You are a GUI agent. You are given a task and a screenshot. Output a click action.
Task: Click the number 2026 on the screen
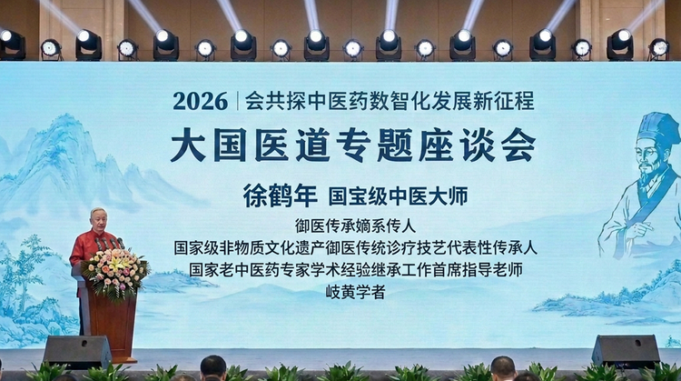201,101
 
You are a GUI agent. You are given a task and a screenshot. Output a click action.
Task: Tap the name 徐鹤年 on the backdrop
281,196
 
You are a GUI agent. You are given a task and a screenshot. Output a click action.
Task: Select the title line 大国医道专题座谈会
352,145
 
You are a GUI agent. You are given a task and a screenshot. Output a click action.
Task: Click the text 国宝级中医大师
398,196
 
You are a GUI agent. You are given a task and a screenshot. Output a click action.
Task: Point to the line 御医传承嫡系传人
355,226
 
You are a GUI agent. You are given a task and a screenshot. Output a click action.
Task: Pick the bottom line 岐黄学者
355,292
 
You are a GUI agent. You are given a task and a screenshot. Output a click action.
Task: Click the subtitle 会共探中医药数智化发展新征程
390,101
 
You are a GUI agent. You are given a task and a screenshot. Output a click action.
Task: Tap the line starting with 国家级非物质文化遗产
355,247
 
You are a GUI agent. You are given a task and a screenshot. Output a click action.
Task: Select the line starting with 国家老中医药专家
355,270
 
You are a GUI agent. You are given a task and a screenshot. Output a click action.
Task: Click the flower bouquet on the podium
115,273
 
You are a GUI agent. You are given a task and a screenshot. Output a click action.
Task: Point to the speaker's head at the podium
99,220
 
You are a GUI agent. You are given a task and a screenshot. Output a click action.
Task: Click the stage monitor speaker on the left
77,352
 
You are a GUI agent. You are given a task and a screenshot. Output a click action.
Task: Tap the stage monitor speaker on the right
626,351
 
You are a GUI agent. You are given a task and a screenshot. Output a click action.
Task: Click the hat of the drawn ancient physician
659,128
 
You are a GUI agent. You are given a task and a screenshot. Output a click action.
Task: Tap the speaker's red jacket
88,248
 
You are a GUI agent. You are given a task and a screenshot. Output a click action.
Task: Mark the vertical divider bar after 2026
238,101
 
